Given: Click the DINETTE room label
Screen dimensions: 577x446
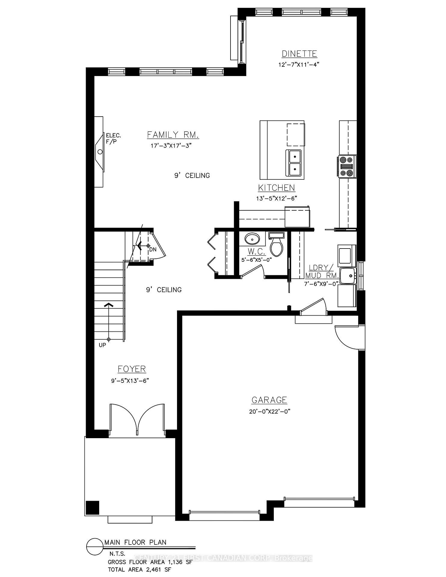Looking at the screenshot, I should (299, 54).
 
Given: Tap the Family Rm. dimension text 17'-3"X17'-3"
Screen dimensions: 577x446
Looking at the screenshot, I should (171, 146).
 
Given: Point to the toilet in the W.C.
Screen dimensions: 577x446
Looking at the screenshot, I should (276, 245).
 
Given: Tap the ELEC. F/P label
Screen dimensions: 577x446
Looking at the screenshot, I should (113, 139).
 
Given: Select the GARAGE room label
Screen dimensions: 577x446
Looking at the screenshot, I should (269, 400).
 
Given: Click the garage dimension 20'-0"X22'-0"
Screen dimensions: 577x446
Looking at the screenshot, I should (269, 411).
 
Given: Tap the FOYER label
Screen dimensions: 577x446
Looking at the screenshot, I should (132, 369).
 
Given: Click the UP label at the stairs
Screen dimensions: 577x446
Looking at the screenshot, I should (102, 345).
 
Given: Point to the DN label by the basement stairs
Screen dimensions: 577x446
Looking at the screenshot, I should (153, 249).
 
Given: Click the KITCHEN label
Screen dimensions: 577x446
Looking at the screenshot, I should (276, 188).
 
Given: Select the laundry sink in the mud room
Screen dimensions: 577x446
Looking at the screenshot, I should (347, 275).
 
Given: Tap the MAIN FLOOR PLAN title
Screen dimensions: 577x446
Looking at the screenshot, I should (135, 542).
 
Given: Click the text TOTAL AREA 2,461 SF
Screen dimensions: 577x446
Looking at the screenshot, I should (140, 569).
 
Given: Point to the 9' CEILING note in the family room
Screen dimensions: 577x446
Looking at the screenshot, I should (192, 176).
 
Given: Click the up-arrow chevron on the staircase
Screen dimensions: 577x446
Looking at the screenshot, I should (108, 304).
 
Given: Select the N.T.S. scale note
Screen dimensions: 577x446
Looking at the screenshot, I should (117, 554).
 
